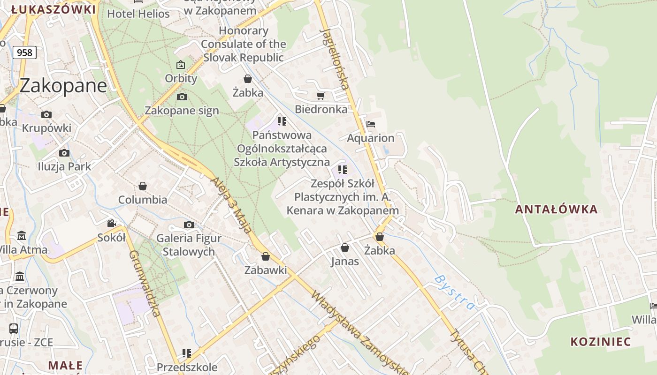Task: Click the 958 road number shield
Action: click(24, 52)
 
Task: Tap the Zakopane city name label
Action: click(63, 86)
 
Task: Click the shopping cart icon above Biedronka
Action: click(321, 96)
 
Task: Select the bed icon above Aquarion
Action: click(371, 125)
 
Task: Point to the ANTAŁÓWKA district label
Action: click(556, 210)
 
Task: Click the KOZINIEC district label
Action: click(601, 342)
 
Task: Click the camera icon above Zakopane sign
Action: click(182, 97)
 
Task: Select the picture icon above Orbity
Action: click(181, 65)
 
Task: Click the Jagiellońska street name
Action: click(335, 59)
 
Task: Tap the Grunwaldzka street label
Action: click(145, 283)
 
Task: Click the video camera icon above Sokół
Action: click(112, 223)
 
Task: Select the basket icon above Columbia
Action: click(143, 186)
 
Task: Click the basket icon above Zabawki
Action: click(266, 256)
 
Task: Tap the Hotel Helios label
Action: click(138, 14)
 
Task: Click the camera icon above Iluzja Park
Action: click(64, 153)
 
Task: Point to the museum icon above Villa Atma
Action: click(22, 235)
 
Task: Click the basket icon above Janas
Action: click(345, 247)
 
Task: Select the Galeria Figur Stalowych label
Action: click(189, 245)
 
